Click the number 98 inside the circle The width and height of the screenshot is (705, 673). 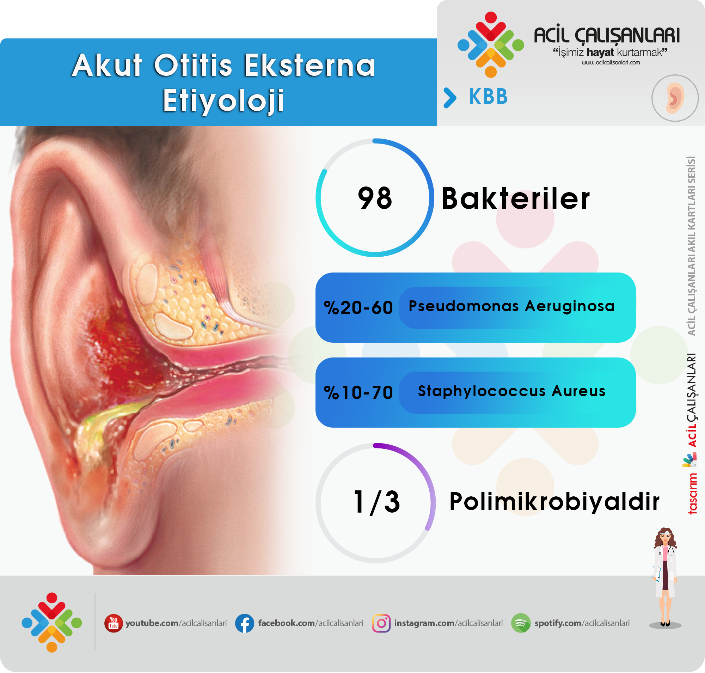375,198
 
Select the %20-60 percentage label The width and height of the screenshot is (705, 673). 358,308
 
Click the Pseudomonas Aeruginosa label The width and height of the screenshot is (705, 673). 511,306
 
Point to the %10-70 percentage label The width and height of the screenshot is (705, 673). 358,392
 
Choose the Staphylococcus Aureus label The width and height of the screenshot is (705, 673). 511,391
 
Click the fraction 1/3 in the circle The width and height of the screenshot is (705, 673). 376,502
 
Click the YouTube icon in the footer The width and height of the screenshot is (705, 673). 114,623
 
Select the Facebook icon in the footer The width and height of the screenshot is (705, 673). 245,623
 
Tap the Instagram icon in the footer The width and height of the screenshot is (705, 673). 381,623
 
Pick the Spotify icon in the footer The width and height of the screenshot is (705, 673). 521,623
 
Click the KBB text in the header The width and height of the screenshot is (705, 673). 488,97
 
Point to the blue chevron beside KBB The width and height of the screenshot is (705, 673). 450,98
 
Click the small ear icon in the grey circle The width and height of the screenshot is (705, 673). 675,98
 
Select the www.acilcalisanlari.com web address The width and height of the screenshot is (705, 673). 611,62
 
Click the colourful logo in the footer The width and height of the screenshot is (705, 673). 52,623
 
